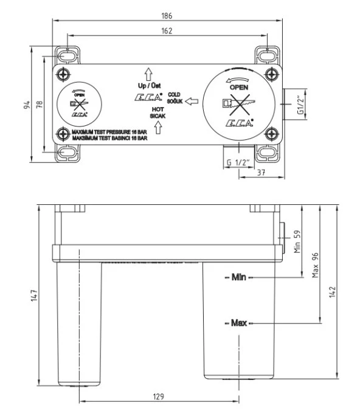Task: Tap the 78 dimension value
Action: click(x=40, y=105)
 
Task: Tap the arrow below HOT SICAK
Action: click(x=157, y=127)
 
